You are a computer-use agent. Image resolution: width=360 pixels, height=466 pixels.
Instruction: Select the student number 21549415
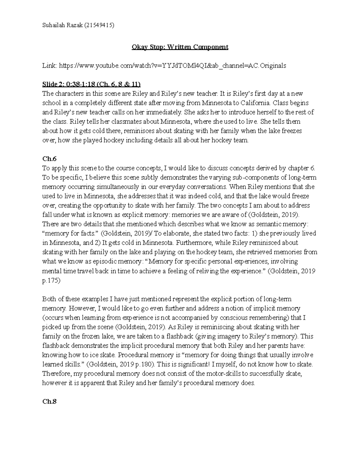click(x=99, y=26)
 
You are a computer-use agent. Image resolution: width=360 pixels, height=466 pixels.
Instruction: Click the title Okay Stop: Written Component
click(x=180, y=47)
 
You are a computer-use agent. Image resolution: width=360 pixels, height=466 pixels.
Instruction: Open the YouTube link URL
click(x=172, y=66)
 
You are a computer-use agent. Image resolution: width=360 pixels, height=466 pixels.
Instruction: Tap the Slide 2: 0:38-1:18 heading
click(x=91, y=84)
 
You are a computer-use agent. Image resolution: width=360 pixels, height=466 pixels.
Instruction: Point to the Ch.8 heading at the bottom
click(x=49, y=401)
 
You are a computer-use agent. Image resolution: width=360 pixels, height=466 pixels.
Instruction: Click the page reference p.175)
click(x=51, y=280)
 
